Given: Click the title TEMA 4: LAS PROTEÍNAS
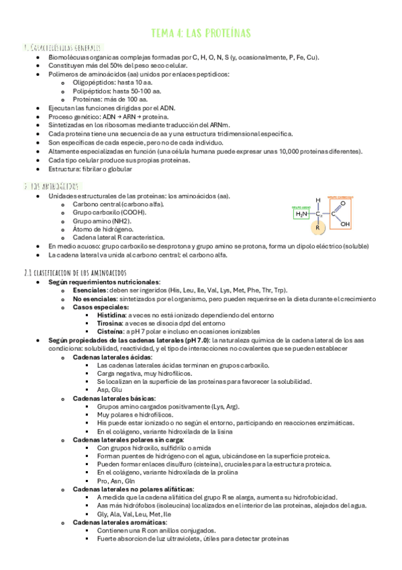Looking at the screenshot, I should (201, 33).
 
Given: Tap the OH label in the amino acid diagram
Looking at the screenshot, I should (344, 225).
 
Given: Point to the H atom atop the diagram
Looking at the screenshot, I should (319, 200).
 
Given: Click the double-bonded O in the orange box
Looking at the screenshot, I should (342, 202).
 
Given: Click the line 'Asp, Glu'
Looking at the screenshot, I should (109, 390).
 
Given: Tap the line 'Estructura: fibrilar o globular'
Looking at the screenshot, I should (90, 169).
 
